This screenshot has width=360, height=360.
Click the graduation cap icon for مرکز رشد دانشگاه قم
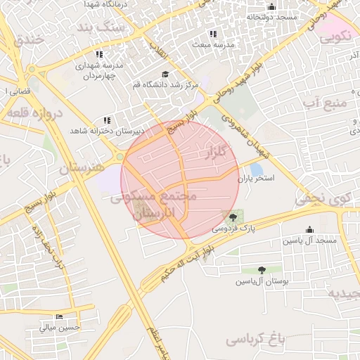pyautogui.click(x=165, y=74)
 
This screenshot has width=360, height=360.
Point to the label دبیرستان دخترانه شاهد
pyautogui.click(x=106, y=131)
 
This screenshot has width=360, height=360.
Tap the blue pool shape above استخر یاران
pyautogui.click(x=257, y=169)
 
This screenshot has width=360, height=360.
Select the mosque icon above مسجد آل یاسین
pyautogui.click(x=309, y=229)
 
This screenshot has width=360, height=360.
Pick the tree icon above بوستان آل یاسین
pyautogui.click(x=262, y=270)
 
